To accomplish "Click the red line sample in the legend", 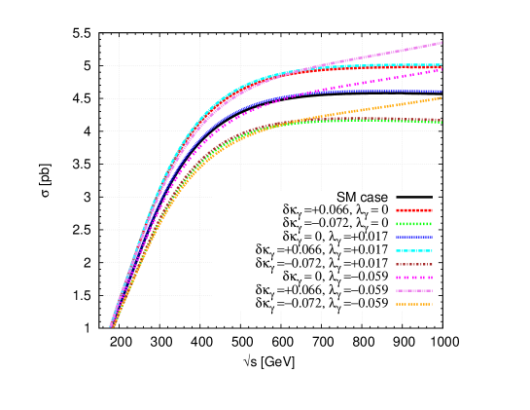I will (x=414, y=210).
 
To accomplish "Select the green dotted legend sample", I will (x=414, y=224).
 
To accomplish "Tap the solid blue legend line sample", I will (x=414, y=238).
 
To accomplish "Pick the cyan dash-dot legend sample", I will (x=414, y=251).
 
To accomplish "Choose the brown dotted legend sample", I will (x=414, y=264).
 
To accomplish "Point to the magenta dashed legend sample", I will (x=414, y=278).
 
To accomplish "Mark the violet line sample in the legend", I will (x=414, y=290).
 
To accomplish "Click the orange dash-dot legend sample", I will (x=414, y=304).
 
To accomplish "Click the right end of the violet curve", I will (x=442, y=43).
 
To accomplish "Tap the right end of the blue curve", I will (x=442, y=92).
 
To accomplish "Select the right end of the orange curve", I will (x=442, y=98).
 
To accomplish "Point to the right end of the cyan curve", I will (x=442, y=65).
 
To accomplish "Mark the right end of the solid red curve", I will (x=442, y=68).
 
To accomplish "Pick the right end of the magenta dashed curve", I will (x=442, y=70).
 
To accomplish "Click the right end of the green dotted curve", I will (x=442, y=123).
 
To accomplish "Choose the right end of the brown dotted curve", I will (x=442, y=121).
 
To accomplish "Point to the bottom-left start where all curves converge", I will (x=112, y=326).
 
